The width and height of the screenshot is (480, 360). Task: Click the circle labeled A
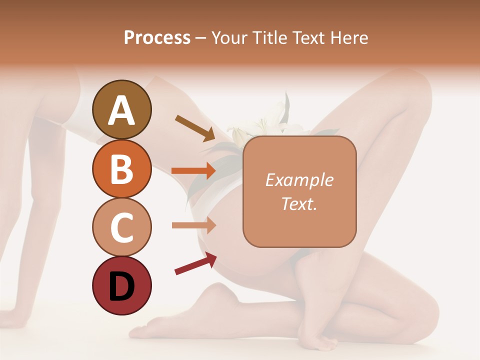(x=121, y=109)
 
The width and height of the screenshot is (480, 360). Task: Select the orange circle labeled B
(x=121, y=168)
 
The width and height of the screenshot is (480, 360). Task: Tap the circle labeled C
(x=121, y=227)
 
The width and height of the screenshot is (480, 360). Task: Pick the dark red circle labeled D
(x=121, y=285)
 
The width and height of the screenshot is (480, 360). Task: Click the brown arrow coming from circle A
(x=195, y=128)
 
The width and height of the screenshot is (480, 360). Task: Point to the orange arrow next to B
(x=194, y=170)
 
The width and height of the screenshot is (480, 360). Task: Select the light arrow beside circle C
(x=194, y=225)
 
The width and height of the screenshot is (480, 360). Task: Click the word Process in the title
(x=157, y=37)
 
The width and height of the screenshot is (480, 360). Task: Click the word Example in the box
(x=299, y=180)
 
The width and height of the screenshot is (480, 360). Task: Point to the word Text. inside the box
(x=299, y=203)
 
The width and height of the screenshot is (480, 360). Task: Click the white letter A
(x=121, y=110)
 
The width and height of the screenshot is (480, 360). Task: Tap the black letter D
(x=121, y=286)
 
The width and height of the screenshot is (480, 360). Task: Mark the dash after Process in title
(x=200, y=38)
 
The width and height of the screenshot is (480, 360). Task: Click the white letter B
(x=121, y=169)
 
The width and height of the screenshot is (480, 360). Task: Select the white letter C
(x=121, y=227)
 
